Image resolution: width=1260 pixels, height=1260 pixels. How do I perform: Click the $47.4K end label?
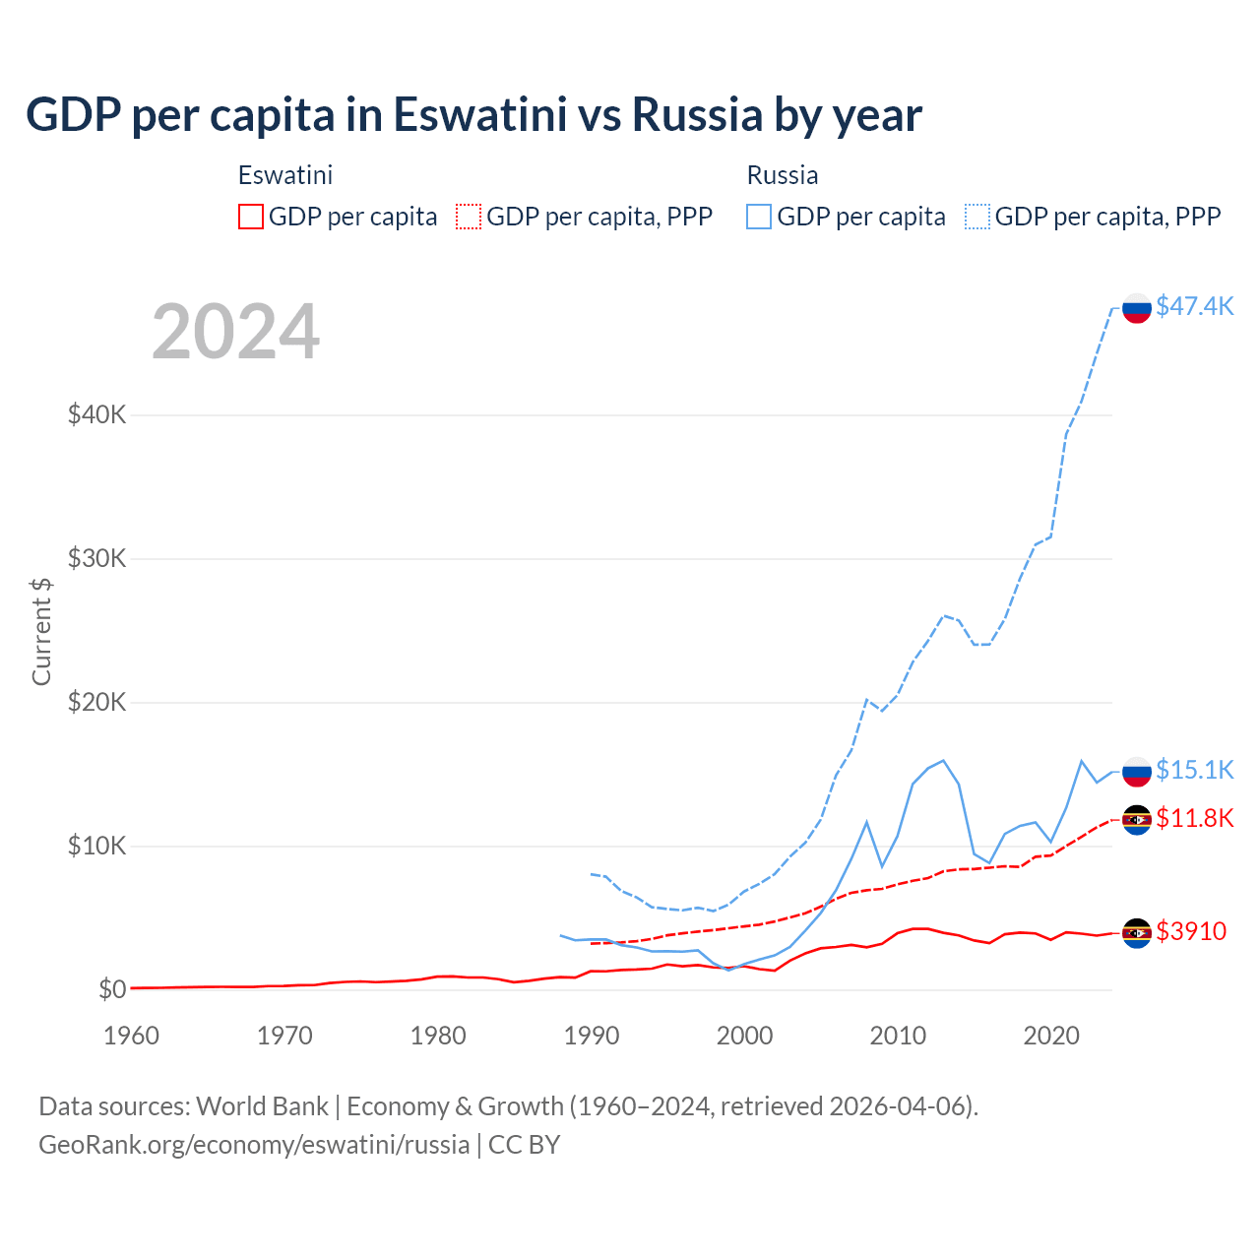1194,306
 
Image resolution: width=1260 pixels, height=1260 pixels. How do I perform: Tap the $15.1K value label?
1194,770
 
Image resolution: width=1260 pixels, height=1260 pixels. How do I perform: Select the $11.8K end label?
1194,818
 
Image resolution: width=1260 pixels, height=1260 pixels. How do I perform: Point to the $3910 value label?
1191,931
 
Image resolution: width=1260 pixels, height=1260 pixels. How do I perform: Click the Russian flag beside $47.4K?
1137,308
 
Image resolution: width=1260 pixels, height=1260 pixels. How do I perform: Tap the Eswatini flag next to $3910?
1137,932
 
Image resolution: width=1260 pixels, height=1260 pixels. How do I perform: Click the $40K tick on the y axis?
96,414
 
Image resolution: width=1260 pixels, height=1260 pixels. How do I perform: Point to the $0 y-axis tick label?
112,989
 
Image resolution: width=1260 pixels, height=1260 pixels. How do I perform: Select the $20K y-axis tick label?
96,702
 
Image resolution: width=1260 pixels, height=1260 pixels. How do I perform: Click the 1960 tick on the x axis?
131,1036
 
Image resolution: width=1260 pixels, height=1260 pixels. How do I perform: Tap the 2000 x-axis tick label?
744,1036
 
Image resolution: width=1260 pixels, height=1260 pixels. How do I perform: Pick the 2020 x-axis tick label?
1051,1036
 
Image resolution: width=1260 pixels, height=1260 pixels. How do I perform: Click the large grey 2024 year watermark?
235,332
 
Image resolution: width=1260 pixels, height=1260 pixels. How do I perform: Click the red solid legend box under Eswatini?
251,217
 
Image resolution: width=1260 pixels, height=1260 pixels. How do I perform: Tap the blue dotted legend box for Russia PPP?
977,217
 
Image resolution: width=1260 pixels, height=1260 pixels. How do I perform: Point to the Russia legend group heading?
783,175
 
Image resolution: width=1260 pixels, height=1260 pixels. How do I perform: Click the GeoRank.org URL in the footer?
254,1145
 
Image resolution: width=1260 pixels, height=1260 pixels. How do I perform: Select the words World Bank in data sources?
262,1106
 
